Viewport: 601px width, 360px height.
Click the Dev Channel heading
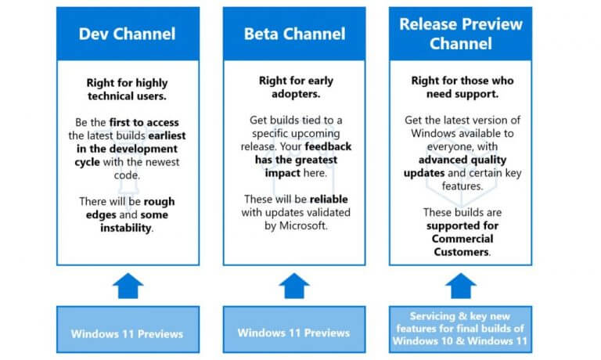[128, 34]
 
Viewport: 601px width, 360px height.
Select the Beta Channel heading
[294, 34]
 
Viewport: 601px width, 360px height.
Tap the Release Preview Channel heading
[461, 34]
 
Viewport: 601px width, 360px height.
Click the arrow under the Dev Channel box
[128, 286]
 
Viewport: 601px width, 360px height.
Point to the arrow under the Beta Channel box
[294, 286]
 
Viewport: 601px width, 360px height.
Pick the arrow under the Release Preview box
[461, 286]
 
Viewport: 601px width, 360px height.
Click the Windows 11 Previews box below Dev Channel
[128, 329]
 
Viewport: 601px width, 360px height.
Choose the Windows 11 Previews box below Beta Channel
[294, 329]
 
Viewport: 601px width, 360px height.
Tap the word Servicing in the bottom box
[432, 316]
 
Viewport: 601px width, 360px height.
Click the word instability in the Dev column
[126, 228]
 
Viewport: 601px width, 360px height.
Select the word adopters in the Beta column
[295, 95]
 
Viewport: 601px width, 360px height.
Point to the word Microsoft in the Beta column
[303, 226]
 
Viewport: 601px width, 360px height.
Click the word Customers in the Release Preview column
[462, 252]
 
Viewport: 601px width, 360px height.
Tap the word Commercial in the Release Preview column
[462, 239]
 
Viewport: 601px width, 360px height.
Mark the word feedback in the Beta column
[328, 147]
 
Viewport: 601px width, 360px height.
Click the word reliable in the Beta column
[329, 200]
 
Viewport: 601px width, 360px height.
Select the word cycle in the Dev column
[88, 163]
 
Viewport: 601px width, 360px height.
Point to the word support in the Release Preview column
[479, 95]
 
